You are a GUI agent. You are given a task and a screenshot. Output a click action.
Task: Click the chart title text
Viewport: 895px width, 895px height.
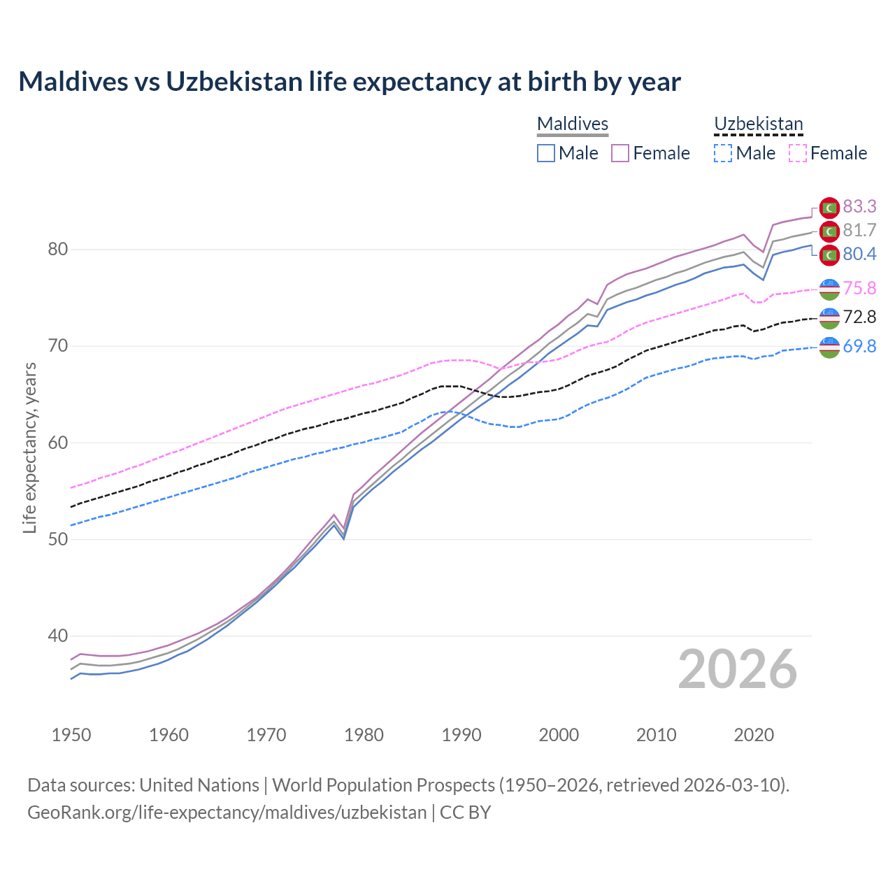tap(350, 82)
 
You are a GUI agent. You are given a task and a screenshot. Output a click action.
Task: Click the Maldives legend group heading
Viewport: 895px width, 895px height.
tap(573, 124)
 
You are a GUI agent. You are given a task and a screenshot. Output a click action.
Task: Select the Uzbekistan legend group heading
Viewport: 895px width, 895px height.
tap(758, 124)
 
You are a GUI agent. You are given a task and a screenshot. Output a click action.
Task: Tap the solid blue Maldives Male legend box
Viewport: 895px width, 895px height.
tap(546, 153)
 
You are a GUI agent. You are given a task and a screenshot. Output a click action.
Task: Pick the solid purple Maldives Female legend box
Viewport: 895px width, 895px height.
tap(620, 153)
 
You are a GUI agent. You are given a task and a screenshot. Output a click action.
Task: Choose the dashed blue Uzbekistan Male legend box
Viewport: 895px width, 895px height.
tap(723, 153)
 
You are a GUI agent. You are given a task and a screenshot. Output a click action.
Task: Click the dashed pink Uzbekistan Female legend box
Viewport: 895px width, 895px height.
tap(797, 153)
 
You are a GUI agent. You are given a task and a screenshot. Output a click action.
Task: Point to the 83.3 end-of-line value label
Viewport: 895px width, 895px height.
tap(859, 206)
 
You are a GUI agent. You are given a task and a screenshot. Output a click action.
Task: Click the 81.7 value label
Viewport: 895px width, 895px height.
tap(859, 230)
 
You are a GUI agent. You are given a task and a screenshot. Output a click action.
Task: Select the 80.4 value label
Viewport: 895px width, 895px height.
tap(859, 254)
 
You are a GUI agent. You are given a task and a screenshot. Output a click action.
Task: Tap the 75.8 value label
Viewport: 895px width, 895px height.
tap(859, 288)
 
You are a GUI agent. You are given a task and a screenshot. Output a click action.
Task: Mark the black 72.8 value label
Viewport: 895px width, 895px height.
tap(859, 317)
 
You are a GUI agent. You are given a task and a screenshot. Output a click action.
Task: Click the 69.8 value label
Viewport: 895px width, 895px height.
tap(859, 346)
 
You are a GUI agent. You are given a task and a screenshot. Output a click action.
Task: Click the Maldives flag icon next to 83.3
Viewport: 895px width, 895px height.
tap(829, 208)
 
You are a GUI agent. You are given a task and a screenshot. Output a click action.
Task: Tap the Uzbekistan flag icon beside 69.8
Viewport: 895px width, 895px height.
tap(829, 347)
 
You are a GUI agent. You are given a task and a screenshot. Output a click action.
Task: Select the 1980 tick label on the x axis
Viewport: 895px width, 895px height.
tap(364, 735)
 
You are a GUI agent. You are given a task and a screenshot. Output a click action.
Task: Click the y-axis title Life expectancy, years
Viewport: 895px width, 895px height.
tap(29, 447)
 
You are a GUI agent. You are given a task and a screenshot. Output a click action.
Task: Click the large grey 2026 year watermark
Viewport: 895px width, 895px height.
tap(738, 669)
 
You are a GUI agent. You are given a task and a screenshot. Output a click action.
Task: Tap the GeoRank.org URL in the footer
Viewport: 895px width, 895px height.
tap(227, 812)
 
